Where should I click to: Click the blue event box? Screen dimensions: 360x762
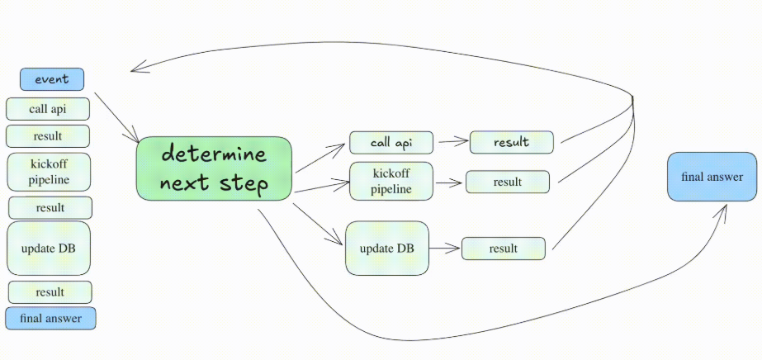coord(52,79)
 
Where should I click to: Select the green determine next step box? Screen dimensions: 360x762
coord(214,168)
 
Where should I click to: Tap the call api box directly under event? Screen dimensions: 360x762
coord(48,109)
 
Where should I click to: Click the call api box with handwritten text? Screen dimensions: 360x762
coord(391,143)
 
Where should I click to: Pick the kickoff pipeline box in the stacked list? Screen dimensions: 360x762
coord(49,172)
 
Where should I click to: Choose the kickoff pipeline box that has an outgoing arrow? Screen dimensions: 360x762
coord(391,182)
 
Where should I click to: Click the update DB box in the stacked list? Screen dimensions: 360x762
coord(49,248)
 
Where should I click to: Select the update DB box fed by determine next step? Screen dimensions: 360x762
coord(387,248)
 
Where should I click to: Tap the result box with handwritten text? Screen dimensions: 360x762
coord(511,142)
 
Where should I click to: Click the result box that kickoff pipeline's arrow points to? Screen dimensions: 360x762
coord(507,182)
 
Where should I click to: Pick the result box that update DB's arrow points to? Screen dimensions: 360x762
coord(503,249)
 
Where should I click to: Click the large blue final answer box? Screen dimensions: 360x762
coord(712,177)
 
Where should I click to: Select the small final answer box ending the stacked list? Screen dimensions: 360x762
coord(50,318)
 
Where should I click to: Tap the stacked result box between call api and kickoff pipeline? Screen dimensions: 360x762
coord(48,136)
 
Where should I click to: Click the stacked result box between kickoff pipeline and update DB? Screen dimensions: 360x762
coord(50,207)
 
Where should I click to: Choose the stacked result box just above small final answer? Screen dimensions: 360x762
coord(50,291)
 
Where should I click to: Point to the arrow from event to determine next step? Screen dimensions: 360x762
coord(116,116)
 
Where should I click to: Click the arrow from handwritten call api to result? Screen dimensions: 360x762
coord(452,142)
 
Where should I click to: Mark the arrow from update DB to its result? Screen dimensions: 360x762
coord(445,248)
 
